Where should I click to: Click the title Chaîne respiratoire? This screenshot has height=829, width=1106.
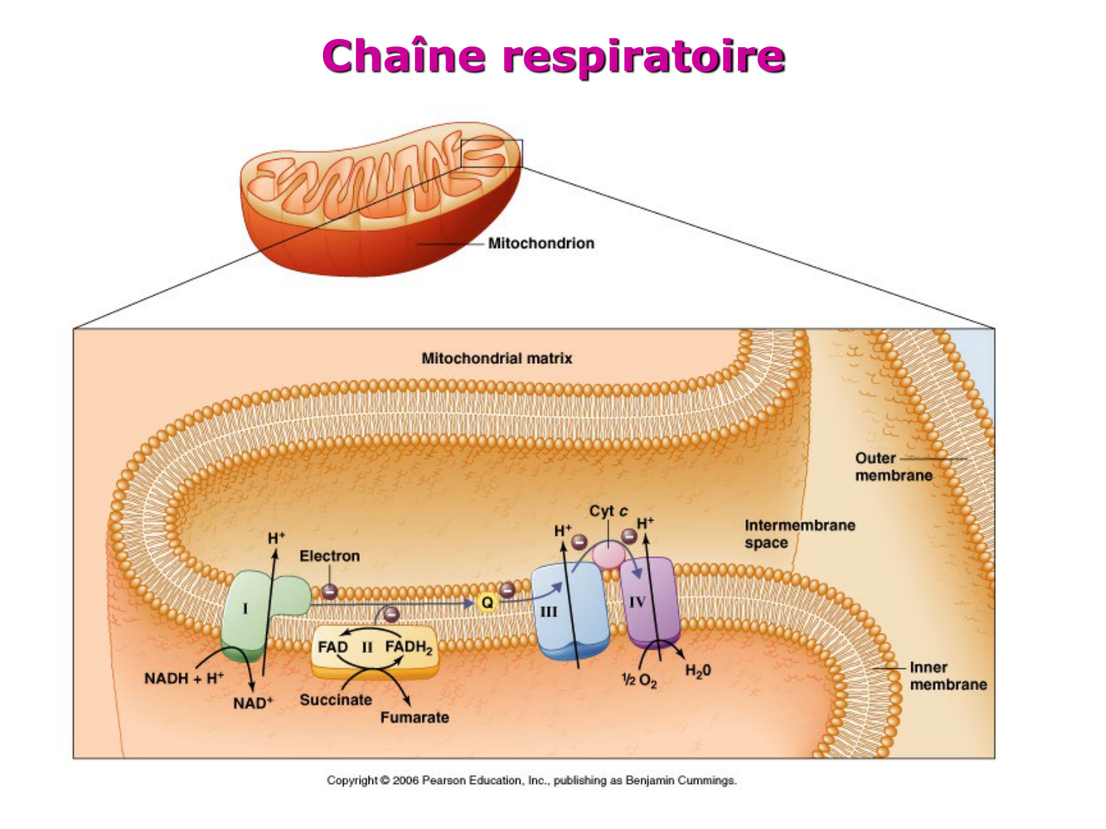click(x=553, y=56)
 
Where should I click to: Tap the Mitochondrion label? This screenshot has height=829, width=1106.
click(x=540, y=243)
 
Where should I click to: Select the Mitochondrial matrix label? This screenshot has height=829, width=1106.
click(x=496, y=358)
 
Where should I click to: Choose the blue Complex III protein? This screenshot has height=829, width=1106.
click(x=570, y=612)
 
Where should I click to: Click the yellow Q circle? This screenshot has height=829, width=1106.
click(x=487, y=603)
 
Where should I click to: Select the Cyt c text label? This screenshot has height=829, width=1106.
click(x=608, y=511)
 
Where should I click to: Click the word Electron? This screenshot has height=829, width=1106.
click(x=330, y=556)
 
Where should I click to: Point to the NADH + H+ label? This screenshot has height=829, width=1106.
click(x=184, y=678)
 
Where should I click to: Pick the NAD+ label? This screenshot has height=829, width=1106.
click(x=253, y=703)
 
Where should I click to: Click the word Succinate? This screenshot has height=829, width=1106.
click(x=335, y=699)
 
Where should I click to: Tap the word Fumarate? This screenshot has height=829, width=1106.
click(x=414, y=717)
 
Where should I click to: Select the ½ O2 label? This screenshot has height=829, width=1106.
click(x=639, y=680)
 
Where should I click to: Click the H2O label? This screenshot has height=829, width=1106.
click(x=698, y=671)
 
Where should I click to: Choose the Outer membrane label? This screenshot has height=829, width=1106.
click(x=893, y=466)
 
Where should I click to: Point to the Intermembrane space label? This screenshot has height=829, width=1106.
click(x=799, y=534)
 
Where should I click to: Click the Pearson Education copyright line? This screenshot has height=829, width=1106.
click(x=532, y=780)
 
